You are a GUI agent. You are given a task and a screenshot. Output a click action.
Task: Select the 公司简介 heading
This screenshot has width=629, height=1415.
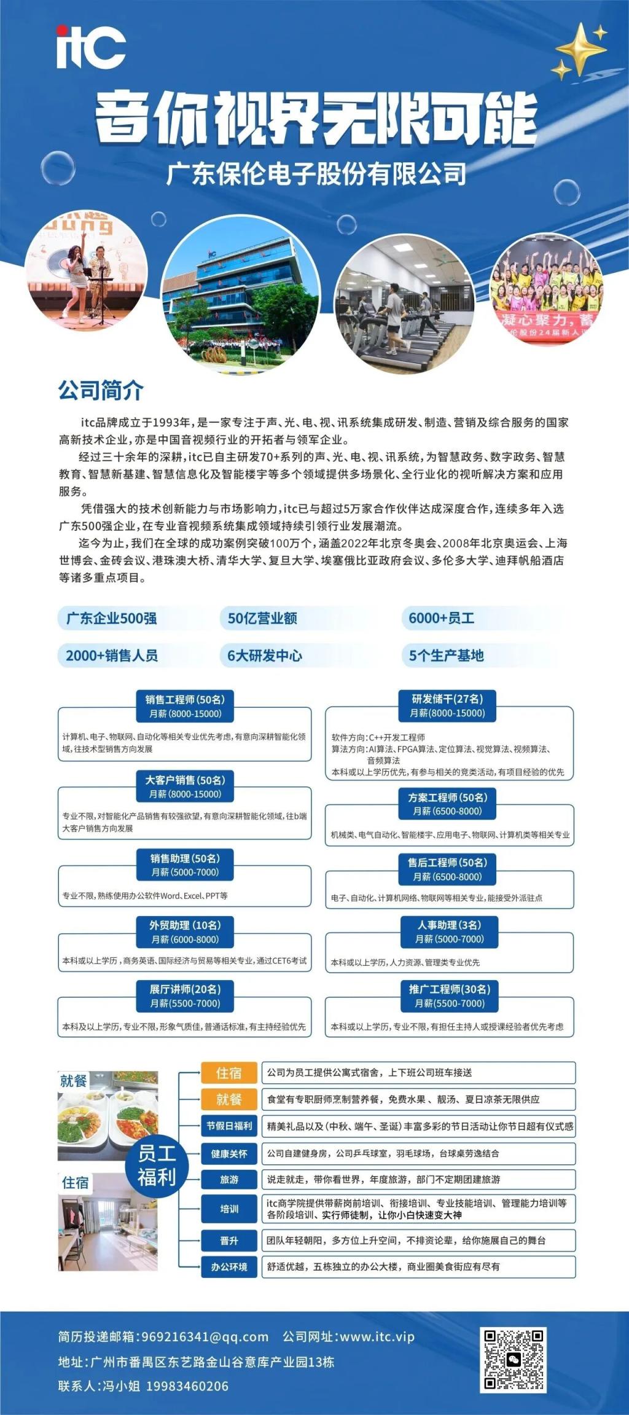point(101,390)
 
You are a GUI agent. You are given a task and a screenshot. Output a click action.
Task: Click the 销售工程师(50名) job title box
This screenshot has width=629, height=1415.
point(185,706)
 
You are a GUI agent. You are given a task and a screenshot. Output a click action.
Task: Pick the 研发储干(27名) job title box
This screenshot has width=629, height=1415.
point(448,705)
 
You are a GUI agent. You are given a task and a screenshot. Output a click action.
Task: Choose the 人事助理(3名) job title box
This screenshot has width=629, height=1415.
point(449,931)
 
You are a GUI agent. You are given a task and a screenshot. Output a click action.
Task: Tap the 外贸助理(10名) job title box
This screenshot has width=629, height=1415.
point(185,931)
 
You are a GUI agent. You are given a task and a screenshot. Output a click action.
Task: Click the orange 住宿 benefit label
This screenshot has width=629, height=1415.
point(229,1073)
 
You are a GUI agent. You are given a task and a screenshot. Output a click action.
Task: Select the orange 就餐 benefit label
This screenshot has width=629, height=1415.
point(229,1099)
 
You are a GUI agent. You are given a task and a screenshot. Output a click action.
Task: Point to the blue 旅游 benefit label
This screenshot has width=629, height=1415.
point(229,1179)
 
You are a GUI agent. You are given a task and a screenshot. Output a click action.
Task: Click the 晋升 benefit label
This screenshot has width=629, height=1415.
point(229,1241)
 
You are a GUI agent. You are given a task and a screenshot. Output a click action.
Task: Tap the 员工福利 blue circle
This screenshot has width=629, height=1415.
point(156,1165)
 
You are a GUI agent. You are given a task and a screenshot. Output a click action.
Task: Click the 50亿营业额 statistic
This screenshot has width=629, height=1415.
point(262,618)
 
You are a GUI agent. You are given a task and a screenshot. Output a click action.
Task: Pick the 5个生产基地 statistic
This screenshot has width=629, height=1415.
point(446,656)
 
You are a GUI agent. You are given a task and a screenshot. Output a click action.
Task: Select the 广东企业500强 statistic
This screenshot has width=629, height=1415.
point(111,618)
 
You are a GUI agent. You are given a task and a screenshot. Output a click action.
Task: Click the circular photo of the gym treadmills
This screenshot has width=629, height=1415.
point(404,304)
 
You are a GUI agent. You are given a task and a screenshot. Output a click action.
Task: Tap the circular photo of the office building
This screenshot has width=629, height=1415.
point(240,295)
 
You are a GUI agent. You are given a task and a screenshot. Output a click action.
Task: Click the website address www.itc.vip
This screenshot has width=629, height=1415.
point(377,1336)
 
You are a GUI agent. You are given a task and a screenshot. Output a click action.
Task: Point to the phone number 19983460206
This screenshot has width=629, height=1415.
point(187,1386)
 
